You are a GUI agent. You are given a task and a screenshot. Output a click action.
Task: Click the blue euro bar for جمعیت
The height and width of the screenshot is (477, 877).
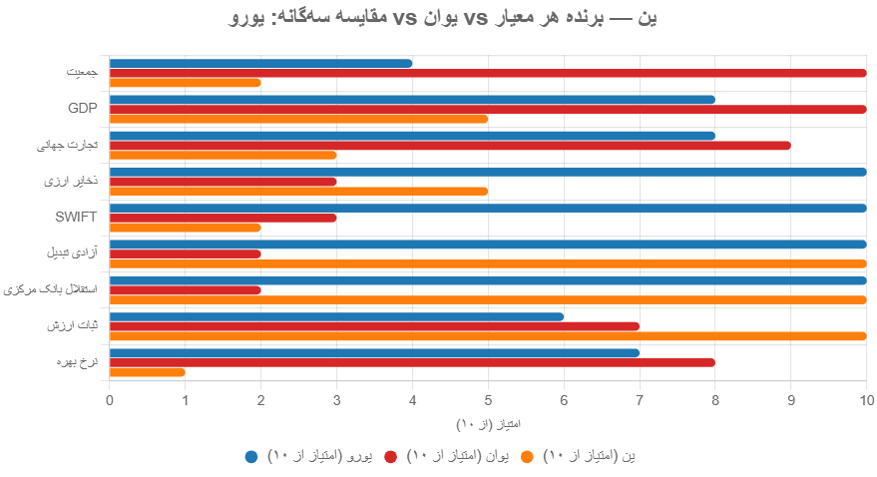coord(260,64)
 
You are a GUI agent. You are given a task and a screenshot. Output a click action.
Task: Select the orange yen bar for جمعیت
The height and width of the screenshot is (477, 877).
coord(185,82)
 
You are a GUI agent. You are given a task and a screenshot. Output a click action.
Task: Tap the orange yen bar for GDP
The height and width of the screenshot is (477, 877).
coord(298,118)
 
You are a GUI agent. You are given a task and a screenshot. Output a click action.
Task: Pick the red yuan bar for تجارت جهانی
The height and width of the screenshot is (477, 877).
coord(450,146)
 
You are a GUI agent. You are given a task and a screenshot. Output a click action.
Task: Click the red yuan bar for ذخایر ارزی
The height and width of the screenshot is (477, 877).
coord(222,182)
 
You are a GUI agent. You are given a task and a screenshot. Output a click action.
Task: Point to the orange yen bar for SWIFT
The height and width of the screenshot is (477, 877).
coord(185,227)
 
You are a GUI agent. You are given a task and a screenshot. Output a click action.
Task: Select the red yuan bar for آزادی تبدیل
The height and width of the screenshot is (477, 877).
coord(185,253)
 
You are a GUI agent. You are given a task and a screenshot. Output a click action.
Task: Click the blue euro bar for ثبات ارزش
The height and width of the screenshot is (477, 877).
coord(336,317)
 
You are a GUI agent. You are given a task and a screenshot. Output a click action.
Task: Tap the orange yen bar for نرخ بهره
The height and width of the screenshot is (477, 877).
coord(147,372)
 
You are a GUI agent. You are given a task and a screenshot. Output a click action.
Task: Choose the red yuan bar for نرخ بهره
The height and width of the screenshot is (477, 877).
coord(412,362)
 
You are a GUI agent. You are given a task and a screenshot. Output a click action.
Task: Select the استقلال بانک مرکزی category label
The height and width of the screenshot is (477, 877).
coord(52,289)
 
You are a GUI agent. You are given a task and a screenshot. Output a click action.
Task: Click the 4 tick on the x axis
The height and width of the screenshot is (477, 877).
coord(412,400)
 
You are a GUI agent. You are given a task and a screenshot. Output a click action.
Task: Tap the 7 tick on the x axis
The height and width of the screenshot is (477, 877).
coord(640,400)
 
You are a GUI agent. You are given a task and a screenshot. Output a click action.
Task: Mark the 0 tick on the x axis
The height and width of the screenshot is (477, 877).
coord(110,400)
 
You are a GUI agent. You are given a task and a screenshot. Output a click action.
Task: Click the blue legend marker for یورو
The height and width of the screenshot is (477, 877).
coord(250,456)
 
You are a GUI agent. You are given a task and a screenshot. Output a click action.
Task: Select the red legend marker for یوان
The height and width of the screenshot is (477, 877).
coord(390,456)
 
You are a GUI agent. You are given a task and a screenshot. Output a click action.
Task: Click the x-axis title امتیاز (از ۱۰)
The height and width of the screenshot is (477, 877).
coord(488,424)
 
